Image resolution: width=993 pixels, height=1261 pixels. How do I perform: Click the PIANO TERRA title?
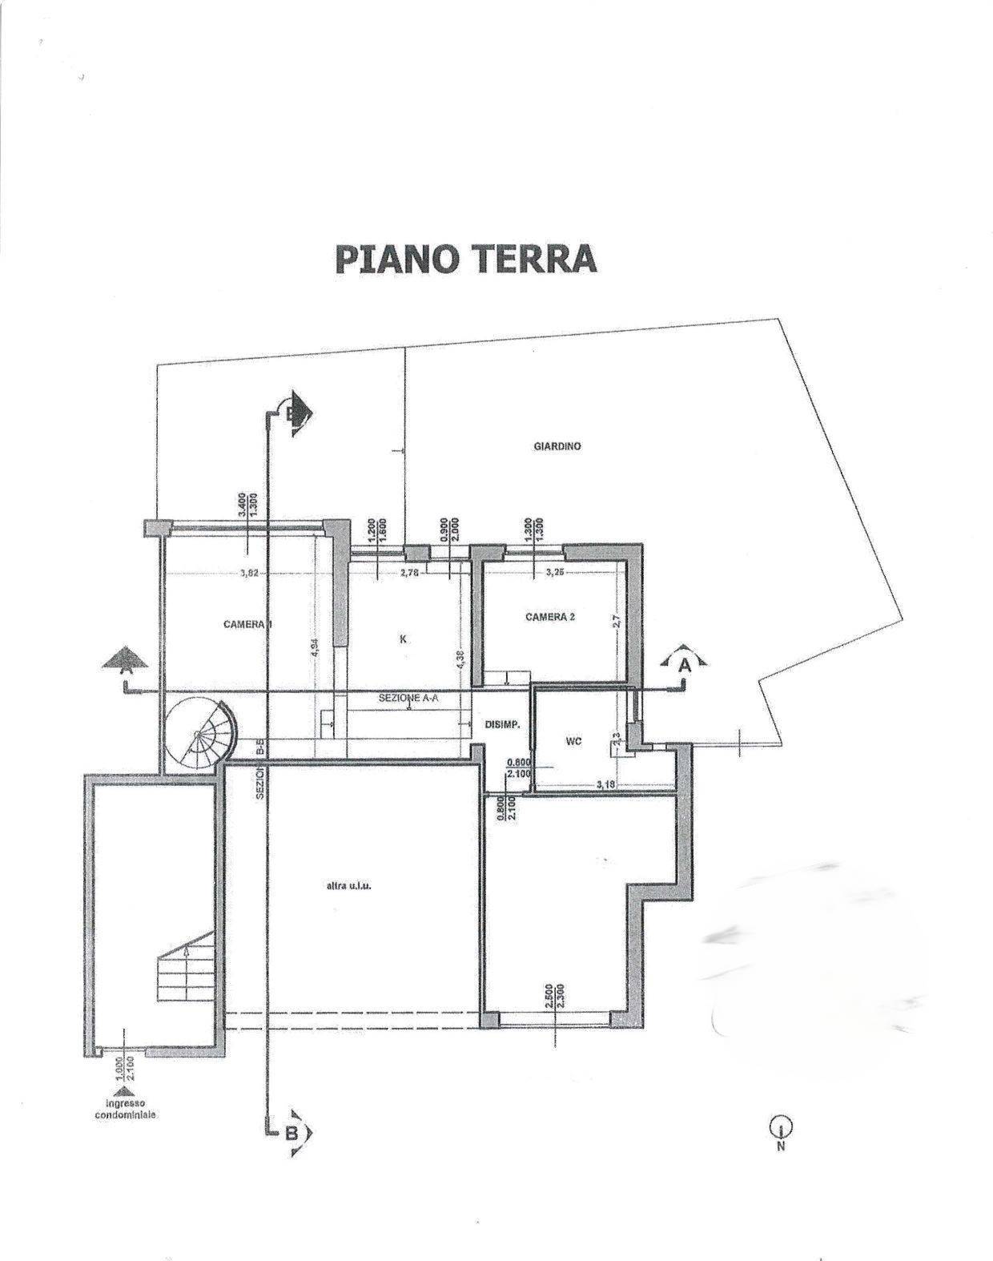pos(465,258)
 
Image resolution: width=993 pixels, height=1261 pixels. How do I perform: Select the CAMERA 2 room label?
pos(550,617)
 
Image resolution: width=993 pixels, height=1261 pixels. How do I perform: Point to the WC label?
pos(573,742)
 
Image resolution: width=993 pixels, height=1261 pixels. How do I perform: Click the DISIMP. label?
pos(504,724)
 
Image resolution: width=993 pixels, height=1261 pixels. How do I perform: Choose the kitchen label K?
pos(404,639)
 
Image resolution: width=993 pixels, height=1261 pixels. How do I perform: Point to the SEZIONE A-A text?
pos(408,699)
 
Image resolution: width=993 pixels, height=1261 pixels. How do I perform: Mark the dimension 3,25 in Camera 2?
pos(555,573)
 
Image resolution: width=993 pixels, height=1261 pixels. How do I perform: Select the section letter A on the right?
pos(685,664)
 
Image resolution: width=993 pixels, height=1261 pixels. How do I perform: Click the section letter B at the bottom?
pos(292,1133)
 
